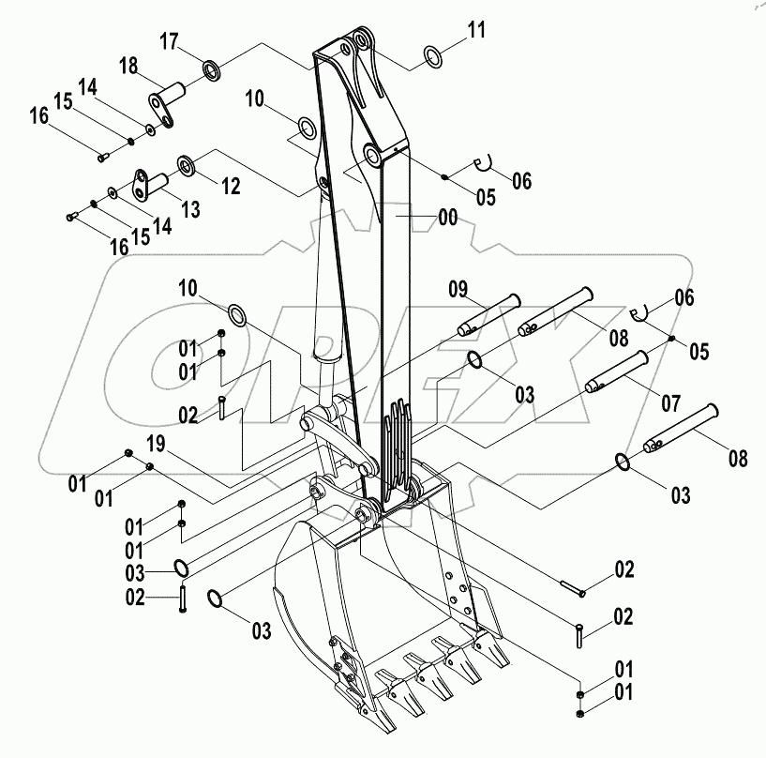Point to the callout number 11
tap(477, 30)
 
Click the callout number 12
tap(228, 185)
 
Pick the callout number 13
tap(190, 209)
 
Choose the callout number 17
tap(169, 41)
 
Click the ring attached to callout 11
tap(435, 56)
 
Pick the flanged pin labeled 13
tap(147, 182)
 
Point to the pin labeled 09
tap(487, 314)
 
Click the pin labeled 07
tap(614, 371)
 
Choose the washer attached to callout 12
tap(186, 166)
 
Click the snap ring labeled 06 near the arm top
tap(485, 165)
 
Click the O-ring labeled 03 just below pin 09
tap(476, 360)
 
